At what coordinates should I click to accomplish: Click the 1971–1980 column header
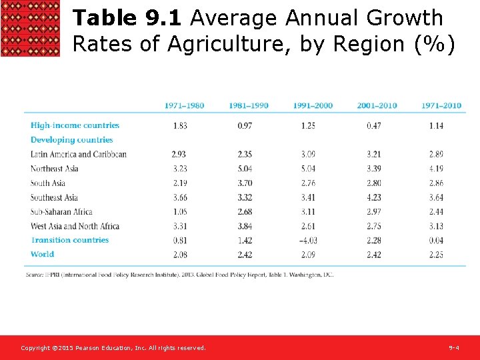(184, 106)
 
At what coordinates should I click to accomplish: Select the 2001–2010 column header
(377, 106)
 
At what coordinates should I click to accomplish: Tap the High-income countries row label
(75, 125)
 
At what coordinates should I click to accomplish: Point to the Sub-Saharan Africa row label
(61, 212)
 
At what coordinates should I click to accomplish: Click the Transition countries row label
(69, 240)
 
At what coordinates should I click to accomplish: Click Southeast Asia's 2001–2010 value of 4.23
(373, 197)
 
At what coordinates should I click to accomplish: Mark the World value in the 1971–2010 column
(436, 255)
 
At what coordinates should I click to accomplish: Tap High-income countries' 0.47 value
(373, 125)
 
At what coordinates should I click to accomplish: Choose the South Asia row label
(48, 183)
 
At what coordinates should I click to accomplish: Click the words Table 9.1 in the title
(126, 18)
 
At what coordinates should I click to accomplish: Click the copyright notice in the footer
(113, 348)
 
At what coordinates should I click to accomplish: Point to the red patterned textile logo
(30, 28)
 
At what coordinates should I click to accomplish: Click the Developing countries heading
(72, 140)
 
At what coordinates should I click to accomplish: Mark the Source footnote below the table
(179, 275)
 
